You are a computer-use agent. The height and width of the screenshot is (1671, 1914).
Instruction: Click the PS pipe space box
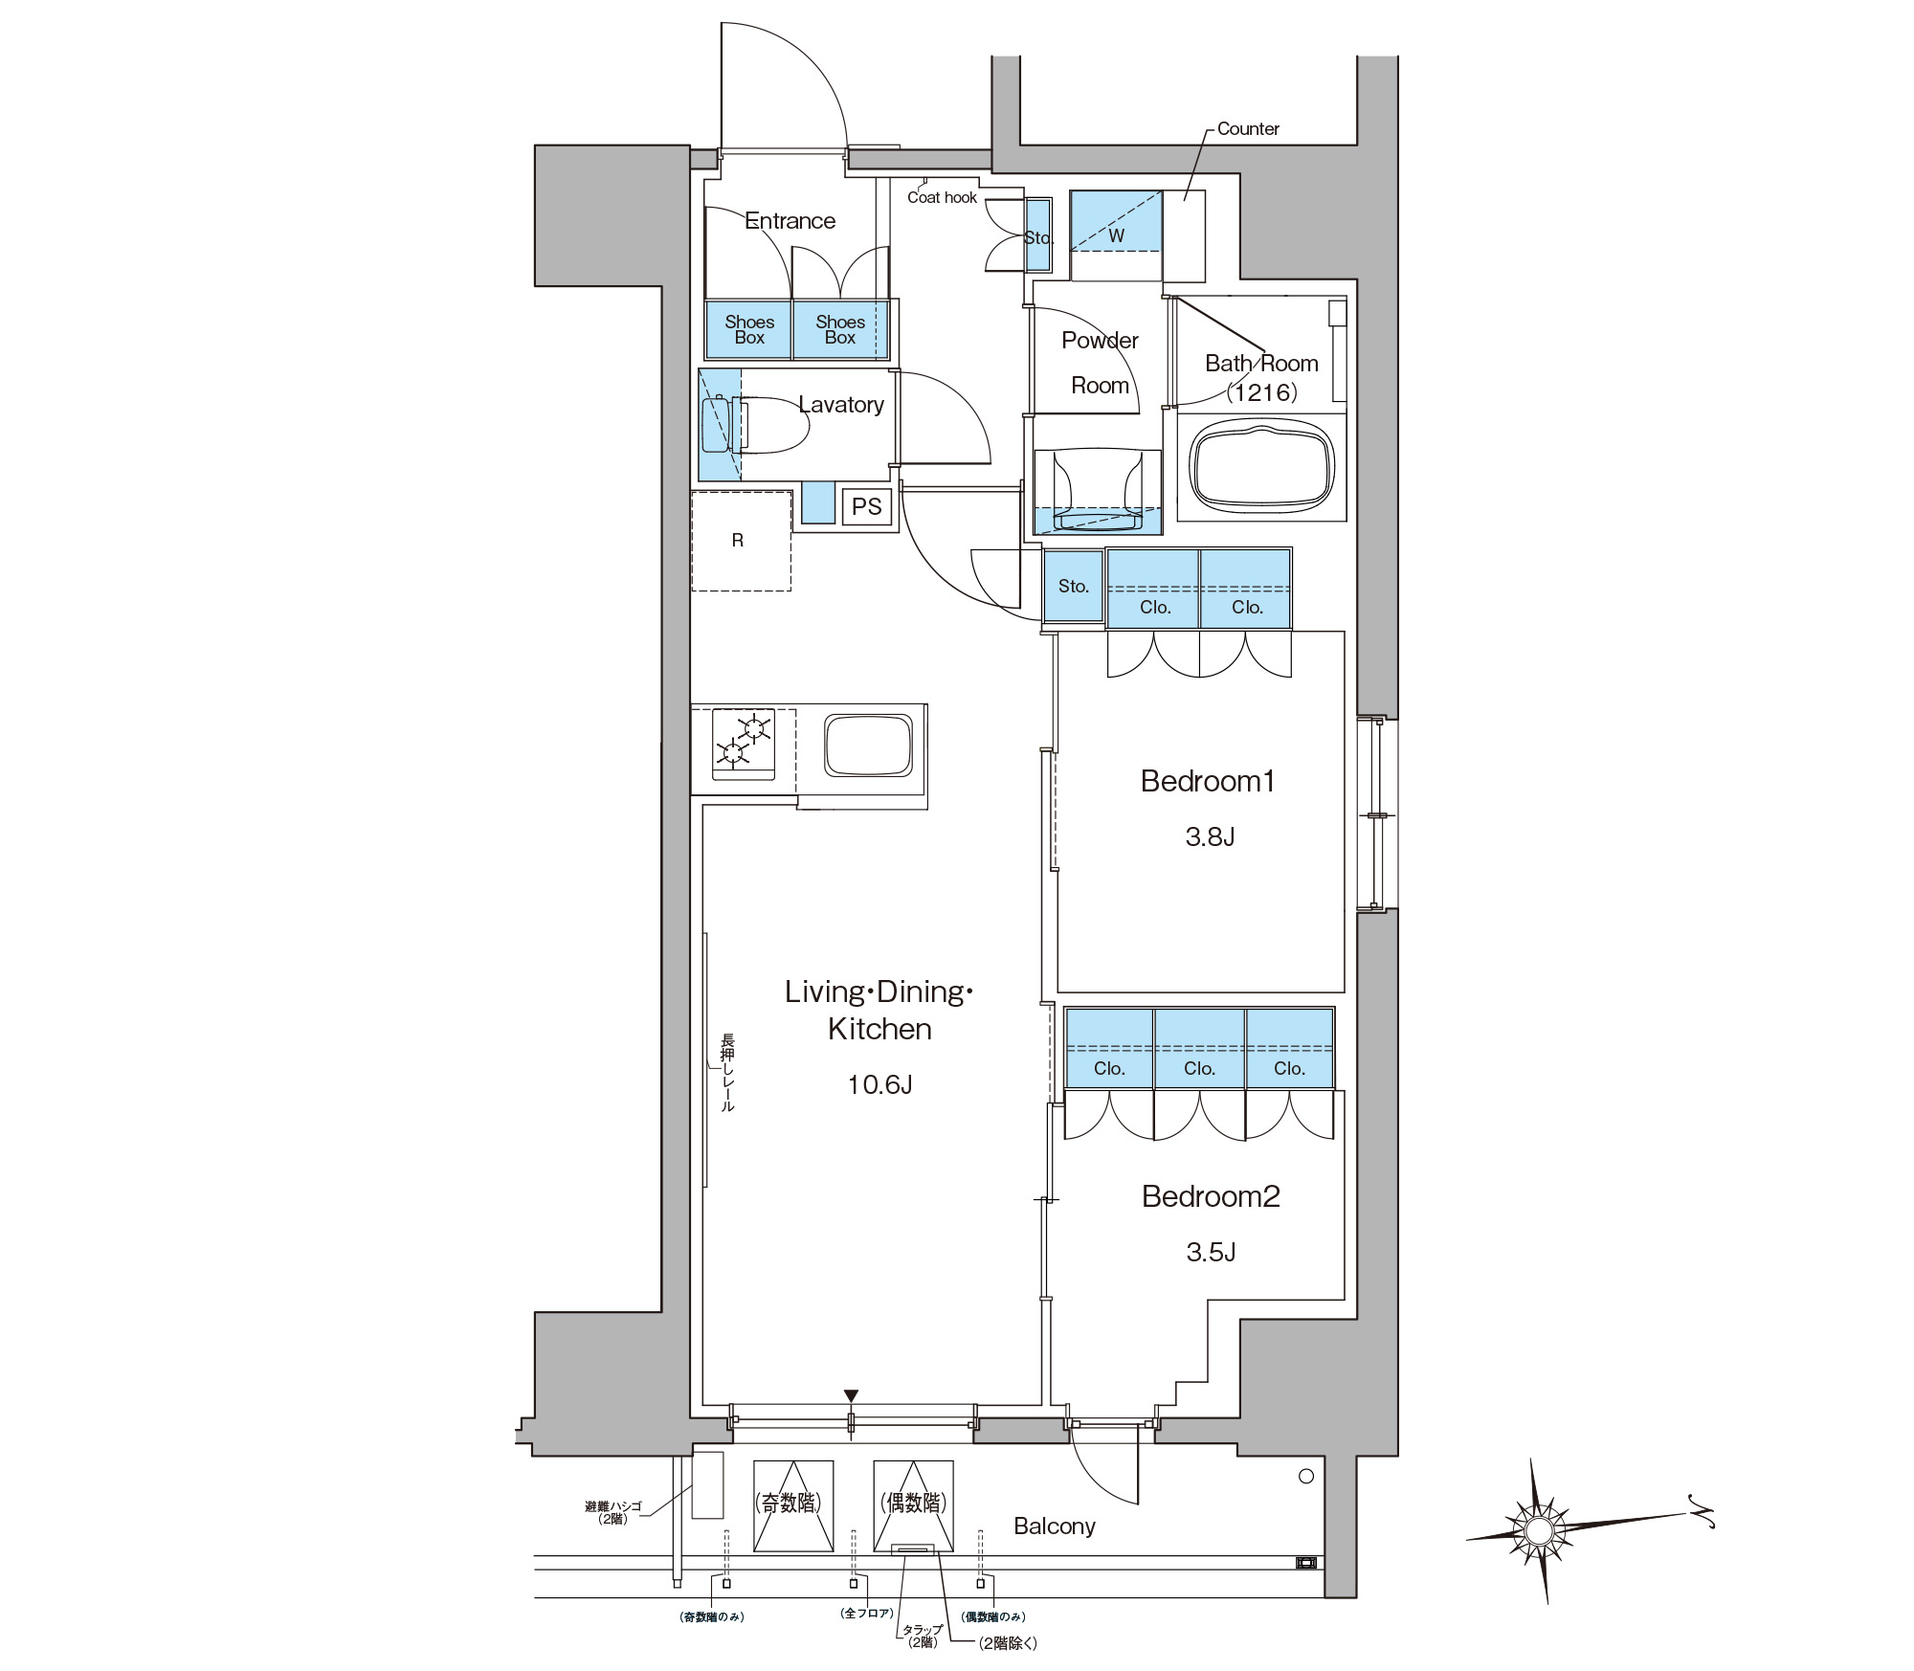pos(866,506)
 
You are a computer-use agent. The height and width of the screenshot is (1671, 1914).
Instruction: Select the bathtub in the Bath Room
pos(1261,467)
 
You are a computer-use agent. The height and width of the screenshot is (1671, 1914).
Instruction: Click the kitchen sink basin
pos(868,744)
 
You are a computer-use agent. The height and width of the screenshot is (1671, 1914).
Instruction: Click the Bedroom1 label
pos(1208,781)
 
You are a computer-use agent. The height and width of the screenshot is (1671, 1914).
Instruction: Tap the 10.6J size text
pos(879,1084)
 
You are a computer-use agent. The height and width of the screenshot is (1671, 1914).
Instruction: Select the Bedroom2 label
pos(1211,1196)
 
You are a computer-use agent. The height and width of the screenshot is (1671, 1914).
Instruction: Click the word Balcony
pos(1055,1526)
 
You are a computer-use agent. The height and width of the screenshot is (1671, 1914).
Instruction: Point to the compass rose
pos(1538,1531)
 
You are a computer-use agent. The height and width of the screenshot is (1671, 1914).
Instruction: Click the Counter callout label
pos(1248,128)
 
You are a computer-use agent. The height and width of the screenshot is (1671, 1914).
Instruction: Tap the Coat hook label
pos(942,197)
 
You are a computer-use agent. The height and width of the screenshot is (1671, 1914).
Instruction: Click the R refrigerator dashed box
pos(742,541)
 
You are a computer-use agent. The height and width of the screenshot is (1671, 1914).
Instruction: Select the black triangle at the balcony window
pos(851,1396)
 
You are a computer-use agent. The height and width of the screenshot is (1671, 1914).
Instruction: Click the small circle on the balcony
pos(1306,1477)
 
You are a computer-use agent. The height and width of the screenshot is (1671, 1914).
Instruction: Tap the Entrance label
pos(790,221)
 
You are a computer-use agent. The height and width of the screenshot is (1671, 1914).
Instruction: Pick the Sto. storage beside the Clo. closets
pos(1073,587)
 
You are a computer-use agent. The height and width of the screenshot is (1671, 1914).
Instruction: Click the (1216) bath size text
pos(1262,391)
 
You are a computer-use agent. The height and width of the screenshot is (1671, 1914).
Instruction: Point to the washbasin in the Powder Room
pos(1097,489)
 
